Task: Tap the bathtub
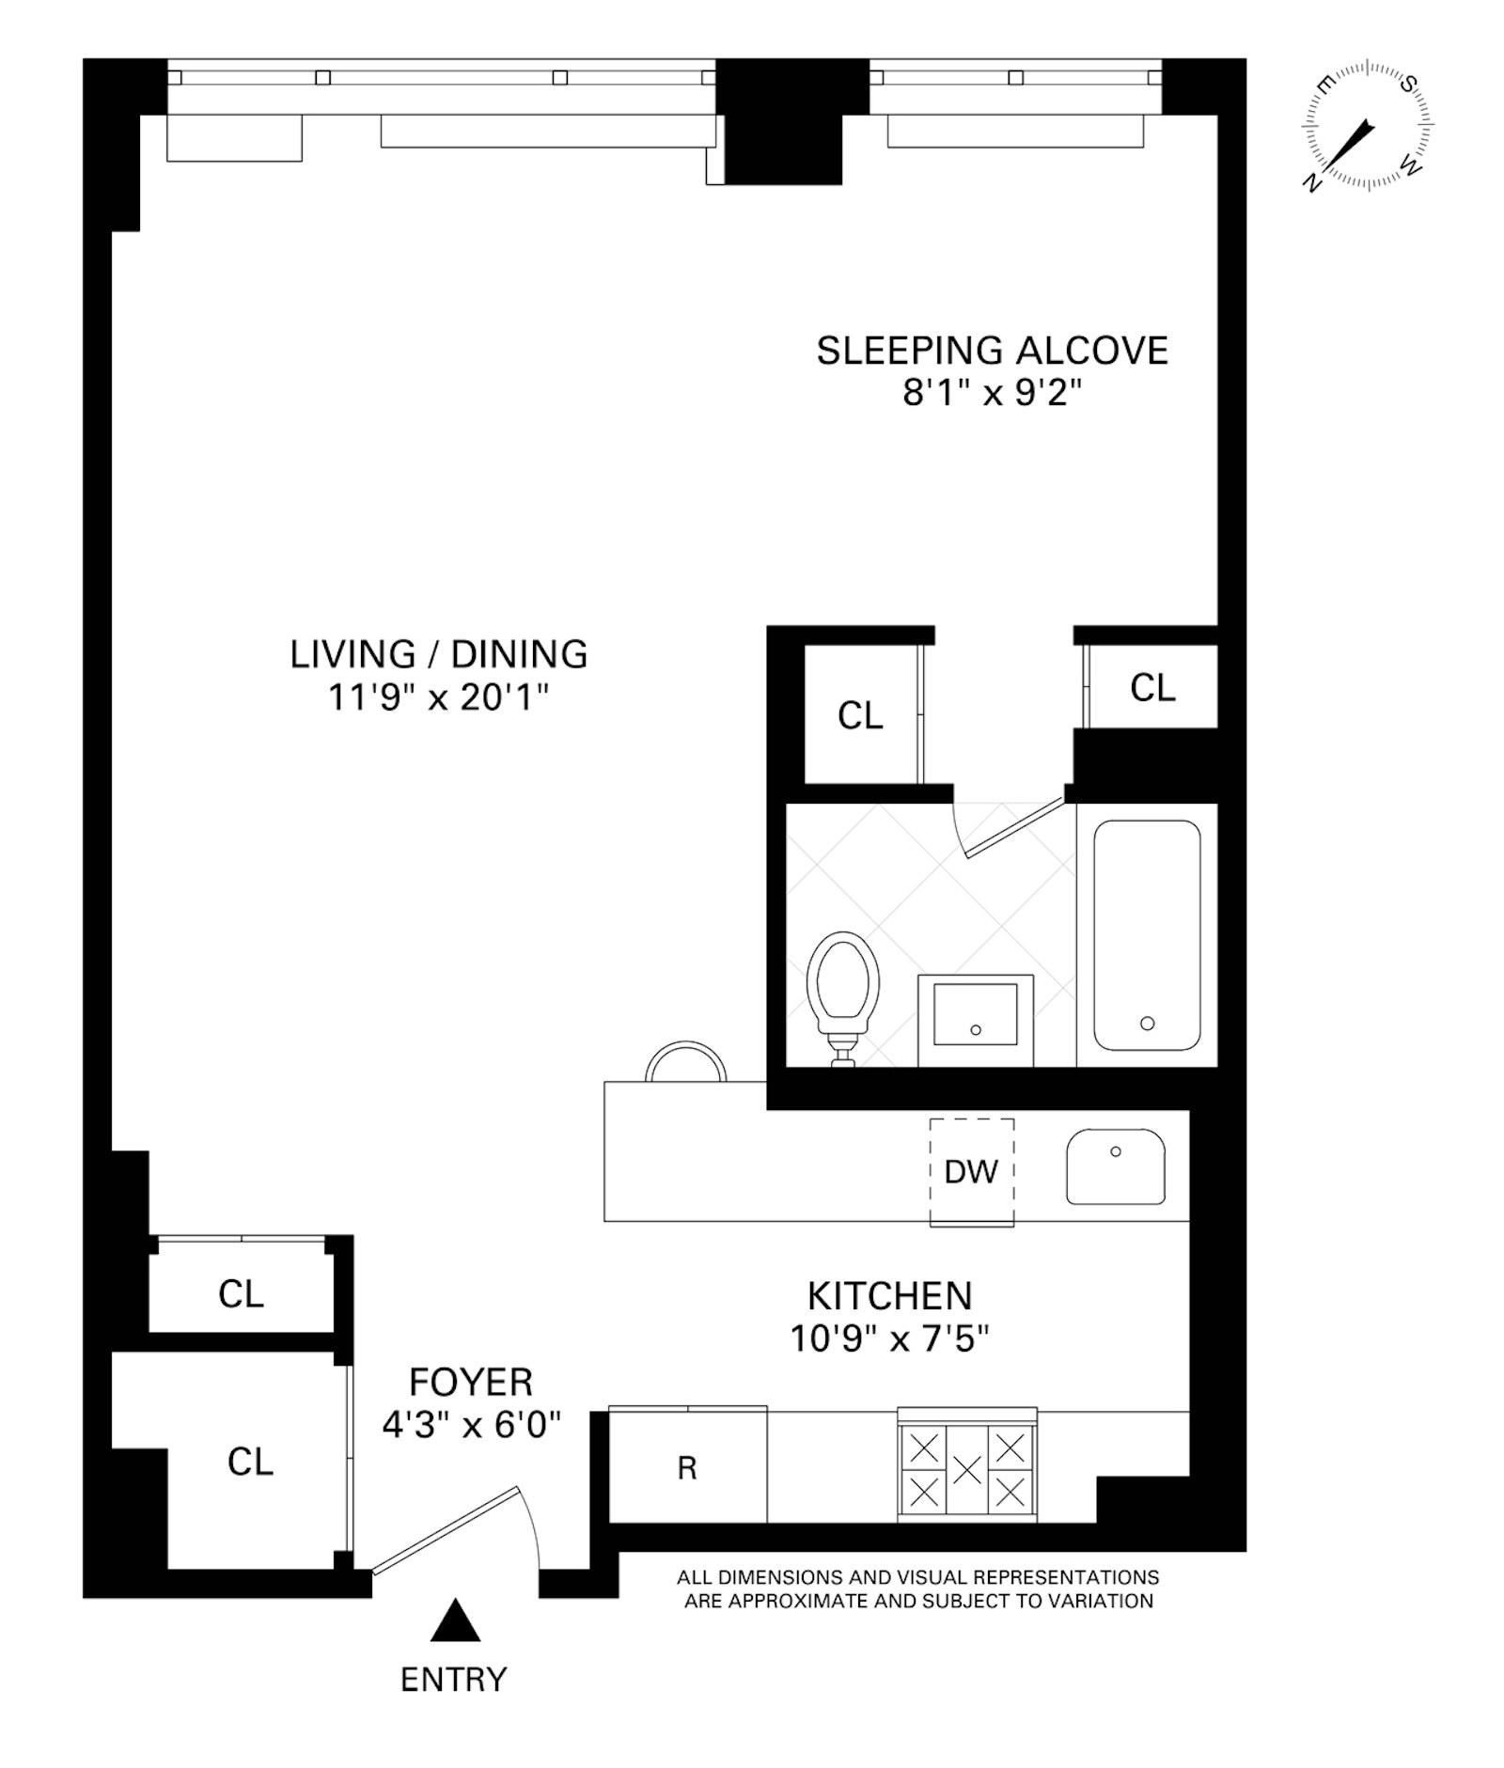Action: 1147,935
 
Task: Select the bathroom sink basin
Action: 975,1015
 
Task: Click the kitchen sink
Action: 1115,1166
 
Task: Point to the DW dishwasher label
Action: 971,1171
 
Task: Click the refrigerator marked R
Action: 687,1467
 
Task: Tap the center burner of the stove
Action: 967,1468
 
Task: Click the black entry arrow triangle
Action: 456,1619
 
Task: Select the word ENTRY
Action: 453,1679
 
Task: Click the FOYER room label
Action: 471,1382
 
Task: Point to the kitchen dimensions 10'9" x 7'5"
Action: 889,1338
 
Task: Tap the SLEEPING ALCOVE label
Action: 992,351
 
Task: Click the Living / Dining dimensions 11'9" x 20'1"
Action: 438,697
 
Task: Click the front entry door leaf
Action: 446,1529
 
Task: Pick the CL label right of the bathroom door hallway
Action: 1152,688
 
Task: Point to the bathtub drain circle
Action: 1147,1024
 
